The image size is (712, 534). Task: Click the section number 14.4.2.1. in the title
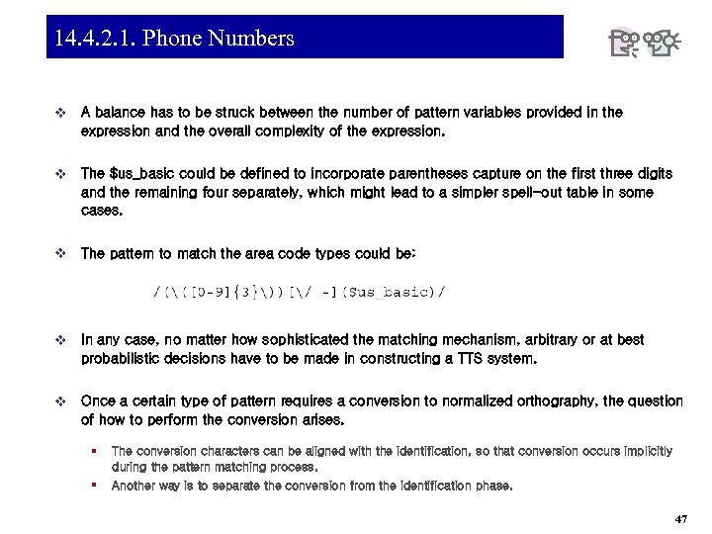click(x=97, y=39)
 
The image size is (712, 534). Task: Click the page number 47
click(x=680, y=519)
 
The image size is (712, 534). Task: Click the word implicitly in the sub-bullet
click(x=644, y=451)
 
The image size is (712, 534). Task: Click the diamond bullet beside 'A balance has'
click(x=62, y=113)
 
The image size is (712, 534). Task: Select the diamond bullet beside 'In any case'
click(x=62, y=340)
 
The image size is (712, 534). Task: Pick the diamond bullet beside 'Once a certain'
click(x=62, y=401)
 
